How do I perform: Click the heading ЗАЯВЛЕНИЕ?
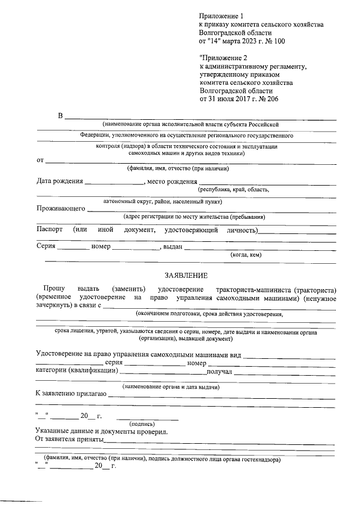pos(186,276)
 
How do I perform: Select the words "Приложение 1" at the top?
pos(222,16)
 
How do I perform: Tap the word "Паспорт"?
pos(49,230)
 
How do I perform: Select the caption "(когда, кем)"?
pos(246,255)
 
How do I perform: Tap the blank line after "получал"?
pos(285,372)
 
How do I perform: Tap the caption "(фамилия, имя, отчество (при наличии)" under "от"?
pos(177,169)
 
